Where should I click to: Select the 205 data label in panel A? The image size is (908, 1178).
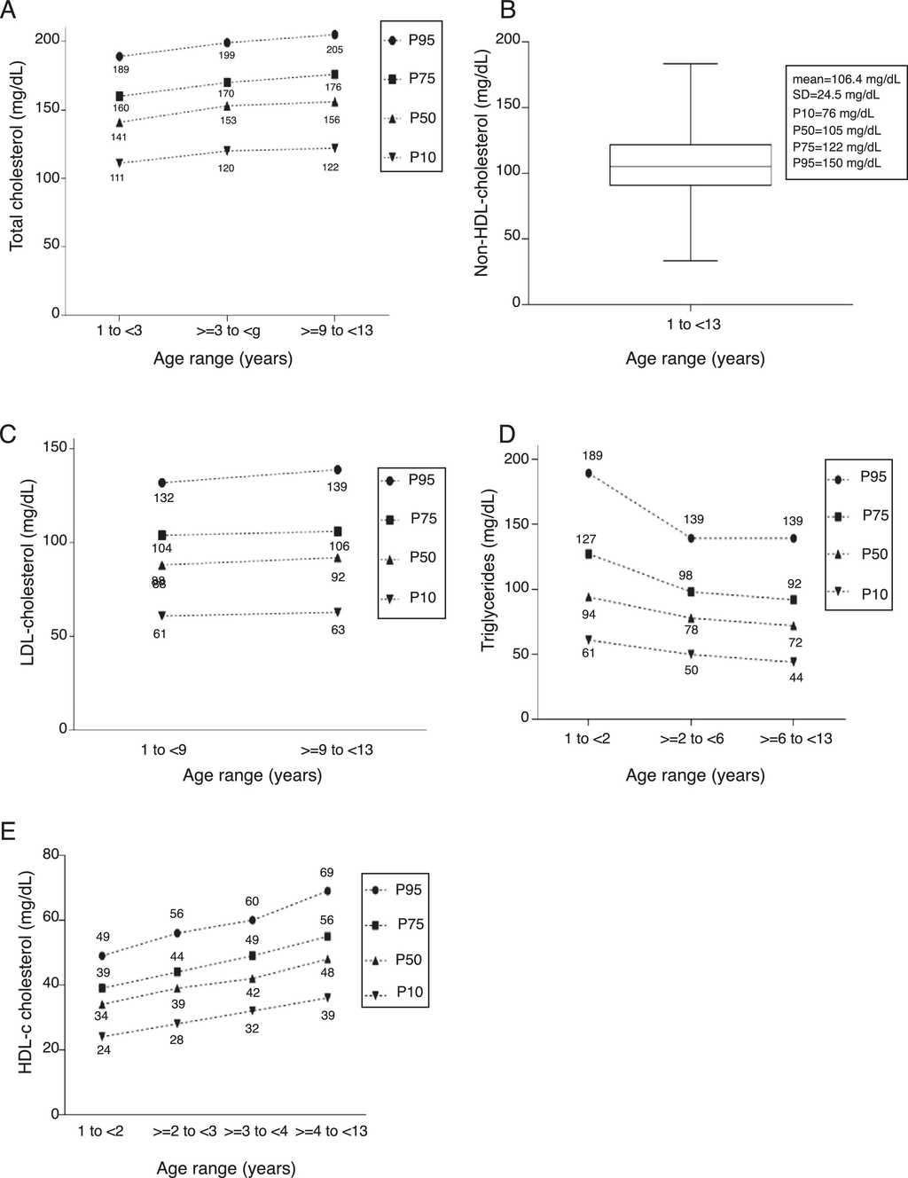[x=333, y=49]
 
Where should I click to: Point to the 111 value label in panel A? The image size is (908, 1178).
[x=117, y=178]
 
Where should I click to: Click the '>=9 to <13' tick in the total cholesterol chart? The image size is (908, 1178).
[x=337, y=331]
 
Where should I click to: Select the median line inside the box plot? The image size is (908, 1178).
[x=690, y=166]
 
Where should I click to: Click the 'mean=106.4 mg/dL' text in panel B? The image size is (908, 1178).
[x=846, y=79]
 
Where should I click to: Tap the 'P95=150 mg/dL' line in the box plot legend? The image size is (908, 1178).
[x=837, y=163]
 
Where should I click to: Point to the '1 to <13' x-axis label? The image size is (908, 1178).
[x=693, y=325]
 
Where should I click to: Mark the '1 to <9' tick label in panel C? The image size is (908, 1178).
[x=163, y=750]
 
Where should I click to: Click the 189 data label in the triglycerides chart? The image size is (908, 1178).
[x=592, y=456]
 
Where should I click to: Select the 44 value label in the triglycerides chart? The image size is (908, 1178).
[x=795, y=677]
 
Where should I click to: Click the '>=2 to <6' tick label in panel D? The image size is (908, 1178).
[x=692, y=738]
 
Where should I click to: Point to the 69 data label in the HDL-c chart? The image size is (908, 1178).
[x=327, y=873]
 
